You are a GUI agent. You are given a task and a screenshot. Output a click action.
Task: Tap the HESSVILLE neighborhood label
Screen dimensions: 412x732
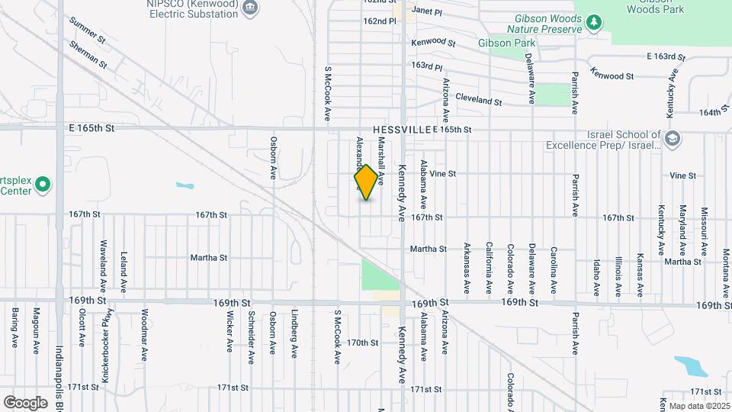tap(402, 130)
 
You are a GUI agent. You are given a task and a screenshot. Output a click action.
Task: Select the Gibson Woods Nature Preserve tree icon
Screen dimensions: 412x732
tap(593, 23)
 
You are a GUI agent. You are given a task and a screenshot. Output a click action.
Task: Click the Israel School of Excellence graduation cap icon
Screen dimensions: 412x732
tap(671, 138)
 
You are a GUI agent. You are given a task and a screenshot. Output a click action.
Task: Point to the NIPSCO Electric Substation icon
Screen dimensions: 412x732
tap(249, 8)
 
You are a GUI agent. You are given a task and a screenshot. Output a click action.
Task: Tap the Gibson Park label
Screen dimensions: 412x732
tap(506, 43)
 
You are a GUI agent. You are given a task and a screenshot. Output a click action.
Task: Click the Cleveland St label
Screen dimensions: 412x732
tap(478, 99)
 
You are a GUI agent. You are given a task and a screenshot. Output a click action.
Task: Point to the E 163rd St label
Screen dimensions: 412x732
tap(666, 57)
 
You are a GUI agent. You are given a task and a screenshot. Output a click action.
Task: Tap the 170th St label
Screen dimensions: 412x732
tap(362, 343)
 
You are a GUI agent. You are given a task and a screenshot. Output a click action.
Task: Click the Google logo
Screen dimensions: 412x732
tap(25, 402)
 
